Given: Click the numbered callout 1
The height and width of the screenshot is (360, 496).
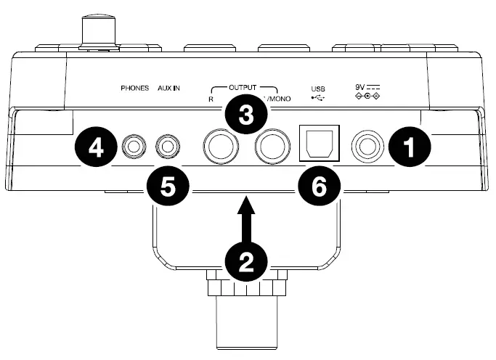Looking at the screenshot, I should coord(409,147).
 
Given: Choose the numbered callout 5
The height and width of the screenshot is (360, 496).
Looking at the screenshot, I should coord(168,186).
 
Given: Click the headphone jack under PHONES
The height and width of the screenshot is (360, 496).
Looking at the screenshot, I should coord(134,147).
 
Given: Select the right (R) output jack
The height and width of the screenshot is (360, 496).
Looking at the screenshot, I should coord(219,147).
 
